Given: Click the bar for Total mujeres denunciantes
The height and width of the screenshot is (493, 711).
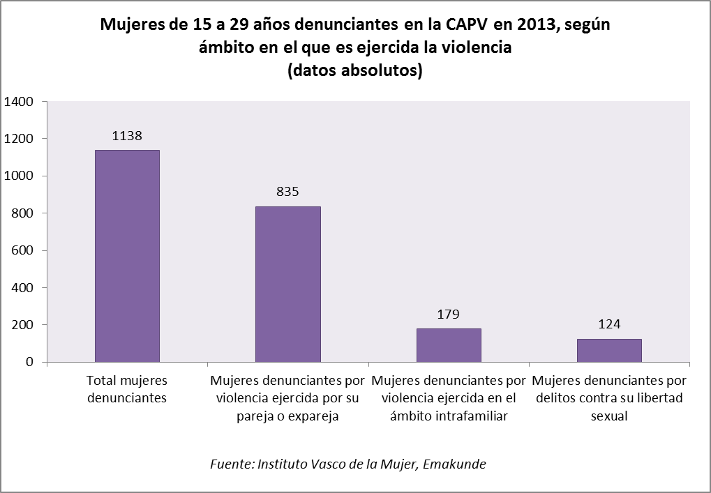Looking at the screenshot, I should [x=127, y=256].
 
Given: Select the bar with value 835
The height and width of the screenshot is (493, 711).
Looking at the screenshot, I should [x=287, y=284].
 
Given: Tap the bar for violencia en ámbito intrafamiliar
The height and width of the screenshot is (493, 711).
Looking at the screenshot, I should [x=449, y=345].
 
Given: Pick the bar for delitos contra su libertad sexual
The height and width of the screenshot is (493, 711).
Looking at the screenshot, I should [x=609, y=350].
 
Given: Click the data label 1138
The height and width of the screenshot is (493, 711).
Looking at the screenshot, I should [x=127, y=136].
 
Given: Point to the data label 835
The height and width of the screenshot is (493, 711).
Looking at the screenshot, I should [x=287, y=192].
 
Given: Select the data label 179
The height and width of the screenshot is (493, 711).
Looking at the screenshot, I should [x=449, y=314].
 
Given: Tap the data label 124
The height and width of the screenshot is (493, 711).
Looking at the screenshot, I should [x=609, y=324].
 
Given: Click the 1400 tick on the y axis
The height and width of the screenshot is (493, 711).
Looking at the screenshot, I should [x=19, y=102].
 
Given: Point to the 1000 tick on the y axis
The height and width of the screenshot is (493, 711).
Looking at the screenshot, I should [x=19, y=176].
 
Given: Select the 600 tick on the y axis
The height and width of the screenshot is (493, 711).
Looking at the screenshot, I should [x=22, y=250].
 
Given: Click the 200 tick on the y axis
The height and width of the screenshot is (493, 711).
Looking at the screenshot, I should [x=22, y=325].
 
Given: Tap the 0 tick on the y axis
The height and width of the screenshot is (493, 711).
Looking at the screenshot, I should [x=30, y=362].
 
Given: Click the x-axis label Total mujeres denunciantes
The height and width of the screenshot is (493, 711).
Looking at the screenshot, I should [x=127, y=389].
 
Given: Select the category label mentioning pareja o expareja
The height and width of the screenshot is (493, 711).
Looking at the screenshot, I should [x=287, y=399].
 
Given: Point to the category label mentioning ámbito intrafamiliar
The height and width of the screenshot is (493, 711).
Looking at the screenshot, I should [x=449, y=399].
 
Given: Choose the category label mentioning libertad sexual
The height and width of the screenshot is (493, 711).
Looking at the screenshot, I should [x=609, y=399].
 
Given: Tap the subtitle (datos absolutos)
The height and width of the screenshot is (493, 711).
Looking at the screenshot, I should [x=355, y=70].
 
